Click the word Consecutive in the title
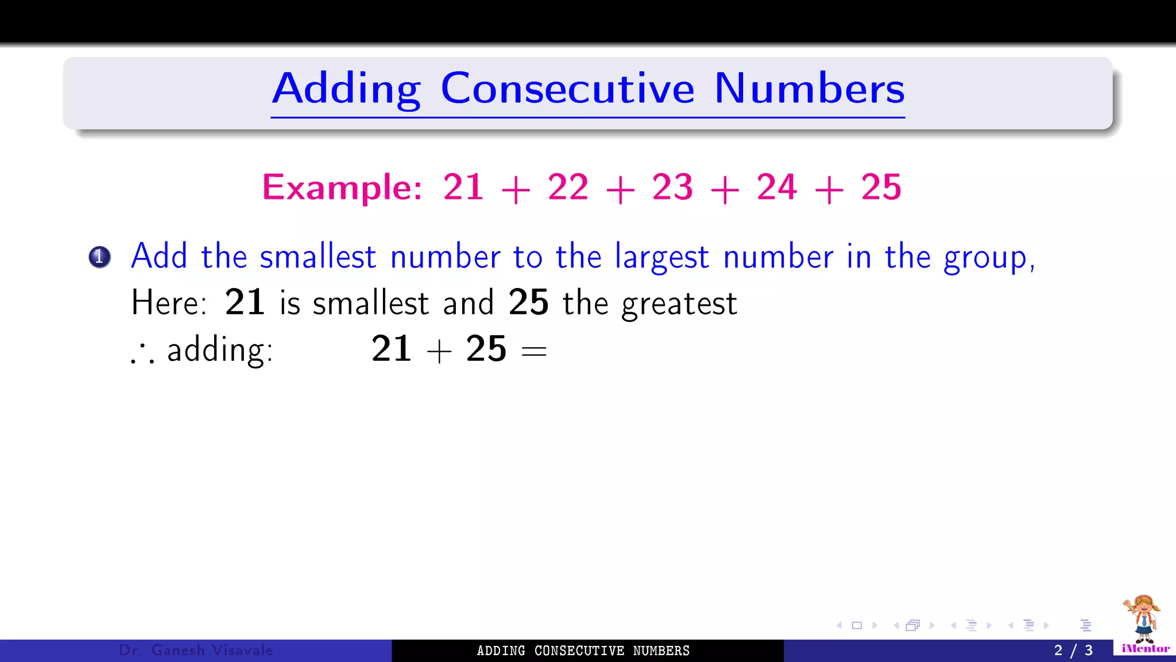(567, 89)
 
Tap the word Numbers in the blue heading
(809, 89)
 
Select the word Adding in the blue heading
(346, 89)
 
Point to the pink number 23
(672, 187)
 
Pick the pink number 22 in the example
(568, 187)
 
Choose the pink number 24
(777, 187)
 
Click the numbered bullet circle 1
(99, 257)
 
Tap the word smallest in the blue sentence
(318, 257)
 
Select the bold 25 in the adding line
(486, 349)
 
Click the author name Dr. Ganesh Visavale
(196, 651)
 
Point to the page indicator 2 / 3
(1073, 651)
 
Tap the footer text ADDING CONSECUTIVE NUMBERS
(583, 651)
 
